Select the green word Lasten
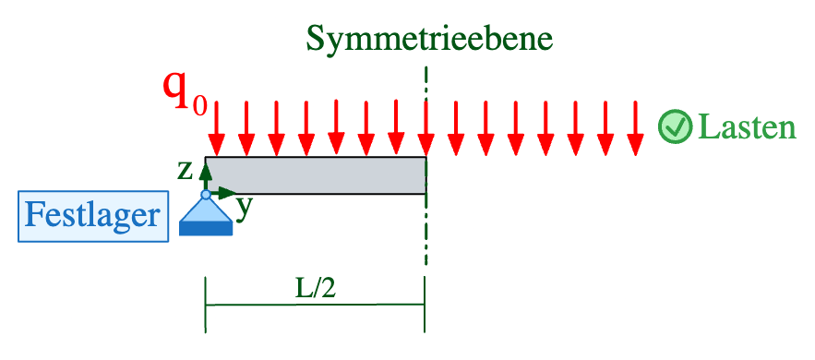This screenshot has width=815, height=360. tap(747, 127)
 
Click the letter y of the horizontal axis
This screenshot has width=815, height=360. tap(244, 208)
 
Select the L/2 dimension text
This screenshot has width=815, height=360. tap(314, 287)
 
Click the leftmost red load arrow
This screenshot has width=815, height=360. tap(216, 129)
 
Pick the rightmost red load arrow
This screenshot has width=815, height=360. tap(635, 129)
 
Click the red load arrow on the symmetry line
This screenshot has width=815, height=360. tap(425, 129)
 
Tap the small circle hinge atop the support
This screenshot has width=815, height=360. tap(206, 195)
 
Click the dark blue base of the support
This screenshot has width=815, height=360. tap(206, 230)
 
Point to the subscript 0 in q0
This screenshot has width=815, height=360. tap(199, 102)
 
